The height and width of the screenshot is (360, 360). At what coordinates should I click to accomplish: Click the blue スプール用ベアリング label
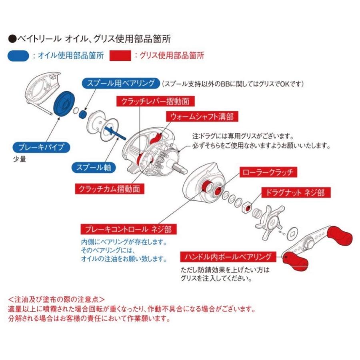click(120, 84)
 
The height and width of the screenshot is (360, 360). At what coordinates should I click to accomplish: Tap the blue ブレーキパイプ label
click(41, 147)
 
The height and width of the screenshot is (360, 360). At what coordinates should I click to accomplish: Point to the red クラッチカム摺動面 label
click(110, 189)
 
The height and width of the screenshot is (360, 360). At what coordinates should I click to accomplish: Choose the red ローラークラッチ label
click(268, 172)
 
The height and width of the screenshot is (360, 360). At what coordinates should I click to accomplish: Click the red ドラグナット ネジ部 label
click(292, 192)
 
